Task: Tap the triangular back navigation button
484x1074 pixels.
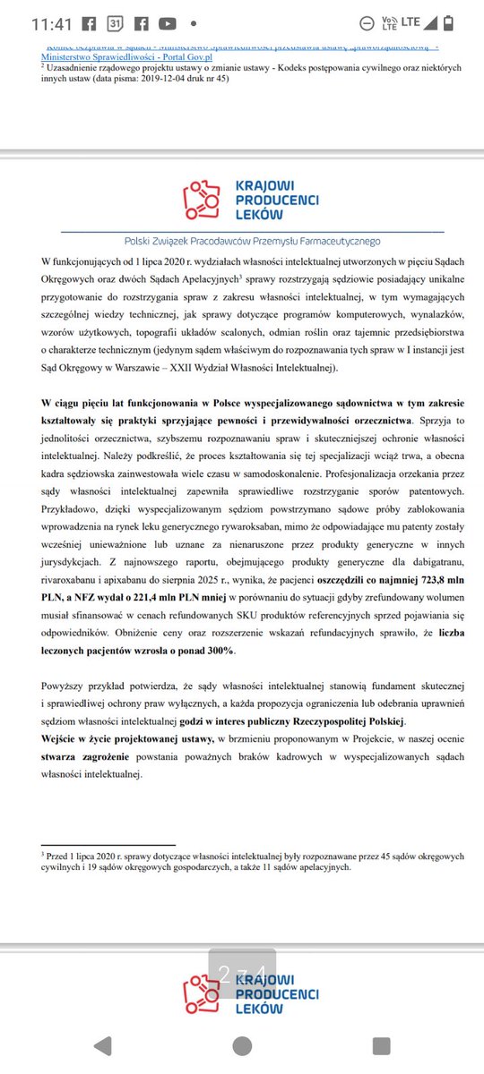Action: point(102,1045)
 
